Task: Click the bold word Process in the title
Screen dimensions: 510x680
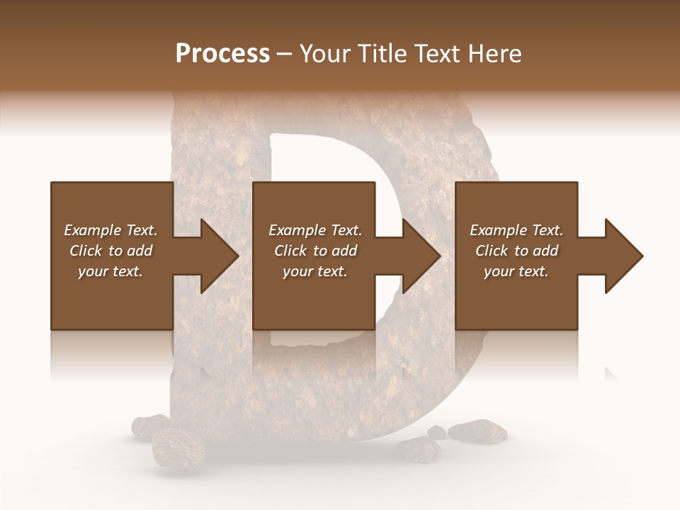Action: (x=222, y=54)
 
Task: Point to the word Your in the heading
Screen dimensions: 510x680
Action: (x=323, y=54)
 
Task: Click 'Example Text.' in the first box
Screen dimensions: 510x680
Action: (x=110, y=230)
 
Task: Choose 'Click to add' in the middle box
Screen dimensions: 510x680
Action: (x=315, y=251)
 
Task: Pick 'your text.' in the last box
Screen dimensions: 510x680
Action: (x=516, y=271)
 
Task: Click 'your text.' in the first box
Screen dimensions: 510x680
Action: (x=110, y=271)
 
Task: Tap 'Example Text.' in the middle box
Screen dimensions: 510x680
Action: (x=315, y=230)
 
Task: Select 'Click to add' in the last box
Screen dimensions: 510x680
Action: (x=516, y=251)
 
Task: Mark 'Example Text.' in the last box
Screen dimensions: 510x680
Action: (x=516, y=230)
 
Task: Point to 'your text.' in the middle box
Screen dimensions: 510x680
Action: (x=315, y=271)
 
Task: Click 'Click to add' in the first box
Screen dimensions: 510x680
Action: (x=110, y=251)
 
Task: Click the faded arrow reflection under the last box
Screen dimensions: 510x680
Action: (x=611, y=374)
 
